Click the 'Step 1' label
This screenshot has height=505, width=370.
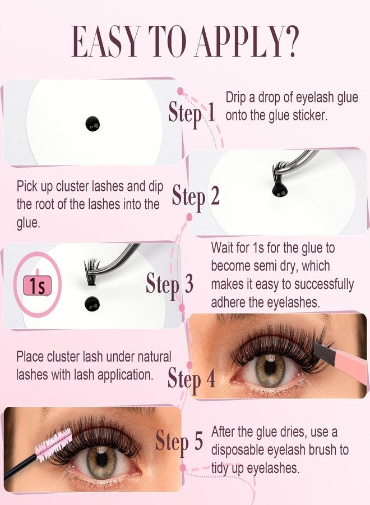pyautogui.click(x=192, y=113)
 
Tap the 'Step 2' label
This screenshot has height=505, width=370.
pyautogui.click(x=196, y=197)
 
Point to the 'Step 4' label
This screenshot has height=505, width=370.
pyautogui.click(x=191, y=379)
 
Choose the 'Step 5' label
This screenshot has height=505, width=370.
pyautogui.click(x=179, y=441)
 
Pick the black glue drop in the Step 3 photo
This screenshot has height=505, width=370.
pyautogui.click(x=92, y=304)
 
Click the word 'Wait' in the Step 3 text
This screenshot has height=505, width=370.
pyautogui.click(x=222, y=247)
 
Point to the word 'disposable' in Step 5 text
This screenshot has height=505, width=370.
pyautogui.click(x=238, y=450)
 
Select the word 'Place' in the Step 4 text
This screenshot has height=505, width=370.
pyautogui.click(x=30, y=356)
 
